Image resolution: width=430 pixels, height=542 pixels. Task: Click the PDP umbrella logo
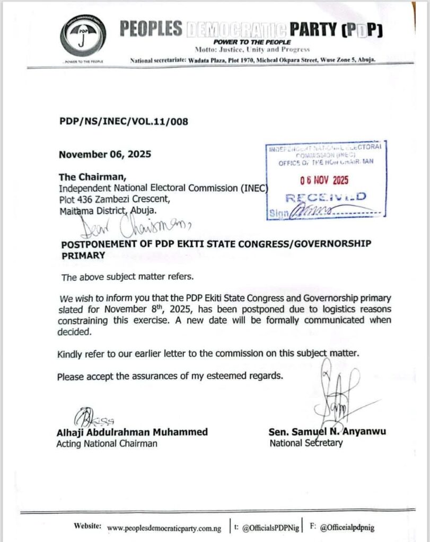coord(82,36)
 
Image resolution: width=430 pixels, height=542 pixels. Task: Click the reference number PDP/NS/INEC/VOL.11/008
coord(124,122)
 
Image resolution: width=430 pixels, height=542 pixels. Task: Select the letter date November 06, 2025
coord(105,155)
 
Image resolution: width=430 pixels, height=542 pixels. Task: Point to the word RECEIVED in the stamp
coord(326,197)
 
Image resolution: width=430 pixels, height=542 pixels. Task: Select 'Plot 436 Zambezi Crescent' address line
coord(115,200)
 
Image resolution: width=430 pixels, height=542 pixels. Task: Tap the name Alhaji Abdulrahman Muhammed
coord(132,432)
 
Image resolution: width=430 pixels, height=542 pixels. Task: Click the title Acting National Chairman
coord(107,444)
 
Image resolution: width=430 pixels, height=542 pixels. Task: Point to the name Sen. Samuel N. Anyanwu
coord(328,432)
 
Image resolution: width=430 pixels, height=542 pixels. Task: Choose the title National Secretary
coord(306,443)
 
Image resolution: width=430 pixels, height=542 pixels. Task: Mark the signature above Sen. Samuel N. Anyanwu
coord(337,392)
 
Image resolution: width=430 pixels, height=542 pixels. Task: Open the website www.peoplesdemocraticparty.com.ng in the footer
coord(164,528)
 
